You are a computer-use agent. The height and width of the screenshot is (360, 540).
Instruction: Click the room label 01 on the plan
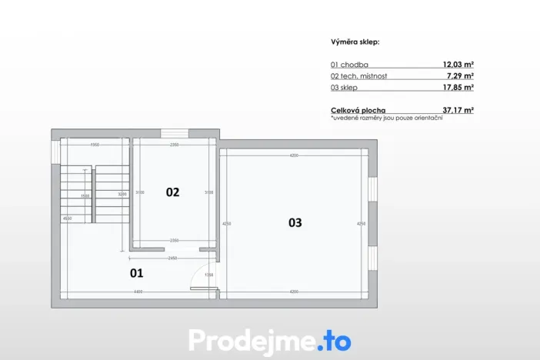pos(136,272)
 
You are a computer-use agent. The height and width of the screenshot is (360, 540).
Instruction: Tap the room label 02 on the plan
pos(172,192)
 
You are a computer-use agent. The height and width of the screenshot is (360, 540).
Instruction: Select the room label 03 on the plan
pos(295,223)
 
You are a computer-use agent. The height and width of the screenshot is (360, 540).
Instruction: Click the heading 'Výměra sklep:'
pos(355,42)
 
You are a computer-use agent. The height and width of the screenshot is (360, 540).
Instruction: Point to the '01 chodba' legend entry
pos(348,65)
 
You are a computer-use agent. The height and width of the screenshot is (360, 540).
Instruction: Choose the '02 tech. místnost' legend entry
pos(358,76)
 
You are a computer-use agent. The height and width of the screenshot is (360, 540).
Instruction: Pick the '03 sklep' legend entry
pos(344,88)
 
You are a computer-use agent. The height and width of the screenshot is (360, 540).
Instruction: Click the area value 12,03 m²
pos(458,65)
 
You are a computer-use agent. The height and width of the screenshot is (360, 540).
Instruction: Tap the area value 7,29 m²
pos(461,76)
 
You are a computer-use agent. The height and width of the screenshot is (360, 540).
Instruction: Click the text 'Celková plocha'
pos(358,111)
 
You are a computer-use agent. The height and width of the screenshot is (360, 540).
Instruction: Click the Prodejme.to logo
pos(269,339)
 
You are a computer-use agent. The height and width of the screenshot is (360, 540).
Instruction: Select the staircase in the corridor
pos(95,194)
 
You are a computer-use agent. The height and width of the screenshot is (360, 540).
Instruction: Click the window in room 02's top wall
pos(174,134)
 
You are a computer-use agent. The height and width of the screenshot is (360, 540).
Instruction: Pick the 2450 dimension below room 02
pos(173,258)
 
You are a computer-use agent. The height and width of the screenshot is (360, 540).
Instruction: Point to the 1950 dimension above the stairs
pos(95,145)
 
